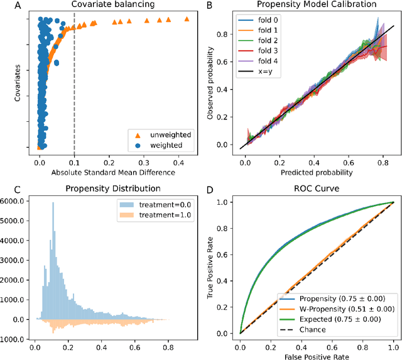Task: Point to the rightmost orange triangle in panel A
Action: click(x=187, y=19)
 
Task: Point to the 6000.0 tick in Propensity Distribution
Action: click(x=14, y=201)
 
